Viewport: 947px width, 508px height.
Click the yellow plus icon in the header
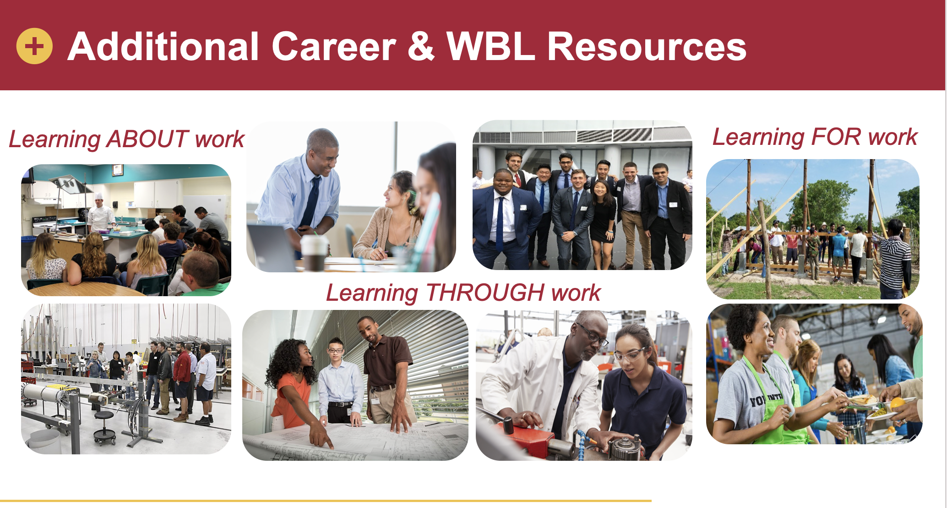coord(34,46)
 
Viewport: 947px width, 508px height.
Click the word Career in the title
coord(334,46)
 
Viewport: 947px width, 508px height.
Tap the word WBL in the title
coord(490,46)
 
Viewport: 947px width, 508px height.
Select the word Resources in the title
coord(647,46)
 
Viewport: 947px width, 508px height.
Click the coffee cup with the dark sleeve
coord(315,252)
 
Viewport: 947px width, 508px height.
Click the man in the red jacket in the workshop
coord(182,381)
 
